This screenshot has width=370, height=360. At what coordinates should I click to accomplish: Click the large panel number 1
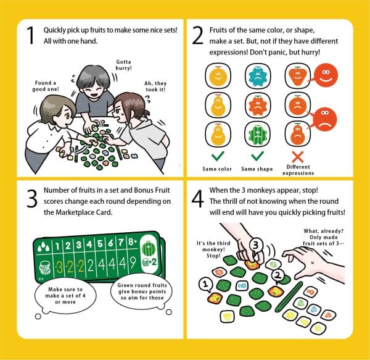click(x=31, y=35)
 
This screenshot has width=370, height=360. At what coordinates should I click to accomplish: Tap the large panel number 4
click(x=198, y=199)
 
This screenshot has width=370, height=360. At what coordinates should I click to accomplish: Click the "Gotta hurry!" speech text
click(x=123, y=65)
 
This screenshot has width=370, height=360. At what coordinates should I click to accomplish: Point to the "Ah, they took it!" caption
click(x=155, y=86)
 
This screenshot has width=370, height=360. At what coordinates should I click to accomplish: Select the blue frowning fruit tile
click(x=258, y=75)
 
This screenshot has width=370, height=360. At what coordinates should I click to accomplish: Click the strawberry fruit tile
click(x=298, y=75)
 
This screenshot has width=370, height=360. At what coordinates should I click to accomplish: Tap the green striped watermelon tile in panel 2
click(x=258, y=135)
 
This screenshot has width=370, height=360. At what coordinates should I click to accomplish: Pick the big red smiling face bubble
click(x=326, y=75)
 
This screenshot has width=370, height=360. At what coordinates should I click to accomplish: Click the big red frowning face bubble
click(x=325, y=119)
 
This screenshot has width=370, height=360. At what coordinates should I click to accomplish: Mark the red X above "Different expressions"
click(x=298, y=157)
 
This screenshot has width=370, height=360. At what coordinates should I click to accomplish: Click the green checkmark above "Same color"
click(x=218, y=156)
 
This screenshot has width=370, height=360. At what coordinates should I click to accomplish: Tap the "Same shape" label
click(x=257, y=169)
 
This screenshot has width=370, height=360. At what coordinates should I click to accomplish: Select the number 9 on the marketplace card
click(x=133, y=262)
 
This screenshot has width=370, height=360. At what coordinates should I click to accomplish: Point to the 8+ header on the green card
click(x=133, y=242)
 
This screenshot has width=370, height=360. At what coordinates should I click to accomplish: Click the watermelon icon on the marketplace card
click(x=148, y=249)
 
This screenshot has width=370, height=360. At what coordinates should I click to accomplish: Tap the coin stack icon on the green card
click(x=45, y=268)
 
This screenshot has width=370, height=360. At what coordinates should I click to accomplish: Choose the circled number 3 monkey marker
click(x=255, y=246)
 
